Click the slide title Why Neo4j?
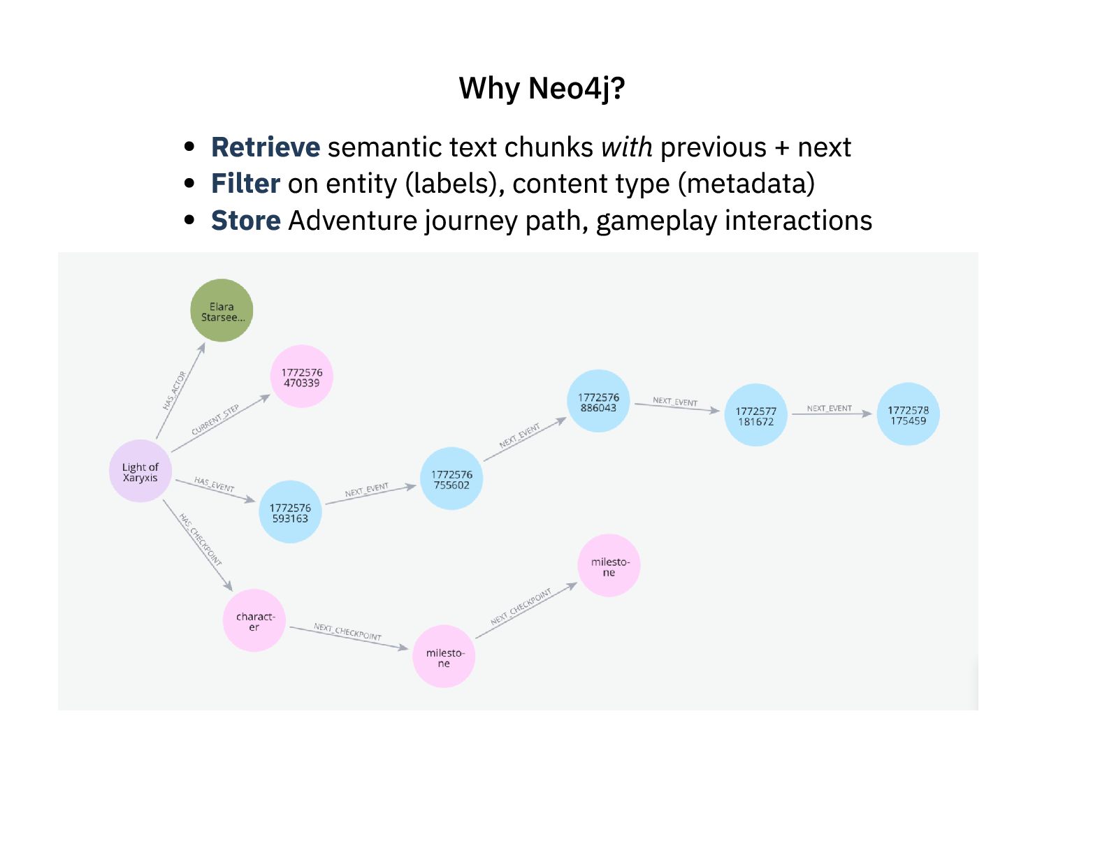click(x=542, y=89)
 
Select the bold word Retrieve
click(x=266, y=147)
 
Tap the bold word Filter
click(x=245, y=184)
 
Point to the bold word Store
click(x=245, y=221)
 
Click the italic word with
click(x=626, y=147)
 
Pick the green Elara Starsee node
click(x=222, y=311)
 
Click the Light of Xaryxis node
click(x=140, y=472)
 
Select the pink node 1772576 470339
click(x=302, y=377)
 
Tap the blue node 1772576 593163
click(x=290, y=513)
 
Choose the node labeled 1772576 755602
click(x=451, y=479)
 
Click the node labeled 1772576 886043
click(x=598, y=402)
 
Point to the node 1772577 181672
click(x=755, y=416)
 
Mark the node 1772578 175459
click(x=908, y=415)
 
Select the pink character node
click(x=254, y=621)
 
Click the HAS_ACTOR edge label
click(x=175, y=390)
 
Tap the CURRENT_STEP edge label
click(x=215, y=419)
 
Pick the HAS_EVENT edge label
click(x=214, y=485)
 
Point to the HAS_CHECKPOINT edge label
click(x=200, y=540)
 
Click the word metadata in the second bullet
click(x=746, y=184)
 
